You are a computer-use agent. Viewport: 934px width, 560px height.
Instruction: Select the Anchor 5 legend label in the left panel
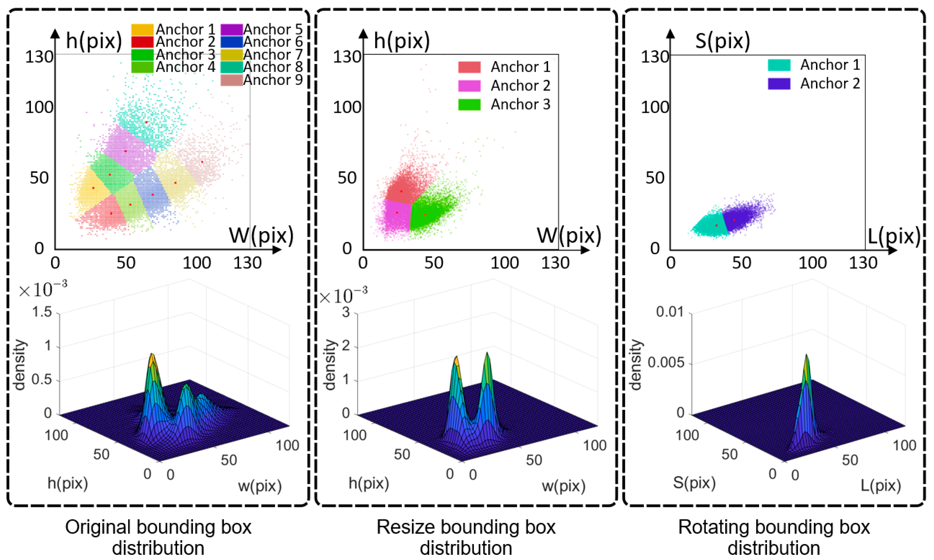coord(272,29)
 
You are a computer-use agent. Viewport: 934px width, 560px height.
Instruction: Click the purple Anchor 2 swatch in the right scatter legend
coord(779,84)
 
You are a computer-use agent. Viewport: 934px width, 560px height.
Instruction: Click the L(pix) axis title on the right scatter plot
coord(894,237)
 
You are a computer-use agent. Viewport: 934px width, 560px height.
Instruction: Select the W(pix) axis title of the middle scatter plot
coord(569,236)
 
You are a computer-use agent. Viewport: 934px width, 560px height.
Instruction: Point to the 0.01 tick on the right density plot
coord(669,312)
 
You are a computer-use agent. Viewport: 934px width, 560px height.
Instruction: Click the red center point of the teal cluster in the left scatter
coord(146,122)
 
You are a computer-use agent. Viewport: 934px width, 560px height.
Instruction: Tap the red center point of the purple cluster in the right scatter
coord(734,220)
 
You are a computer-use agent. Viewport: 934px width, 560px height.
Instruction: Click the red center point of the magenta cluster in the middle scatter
coord(397,213)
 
